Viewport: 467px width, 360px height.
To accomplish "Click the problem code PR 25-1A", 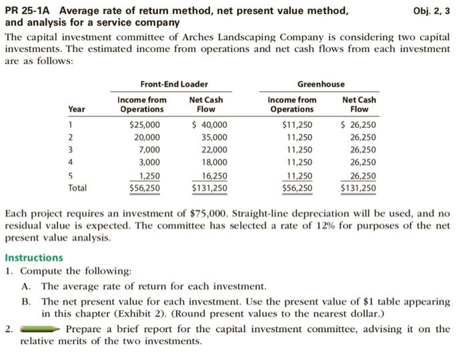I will (x=29, y=11).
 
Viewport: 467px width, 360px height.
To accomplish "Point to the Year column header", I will (x=77, y=109).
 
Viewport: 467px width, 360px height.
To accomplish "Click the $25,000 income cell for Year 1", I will (x=144, y=125).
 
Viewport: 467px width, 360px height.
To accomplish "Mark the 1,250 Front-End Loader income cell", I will (x=149, y=176).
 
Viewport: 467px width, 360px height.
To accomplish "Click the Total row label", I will (x=77, y=188).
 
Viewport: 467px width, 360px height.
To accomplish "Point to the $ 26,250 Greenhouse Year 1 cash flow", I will (x=358, y=125).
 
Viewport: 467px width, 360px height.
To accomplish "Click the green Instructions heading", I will (x=34, y=257).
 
